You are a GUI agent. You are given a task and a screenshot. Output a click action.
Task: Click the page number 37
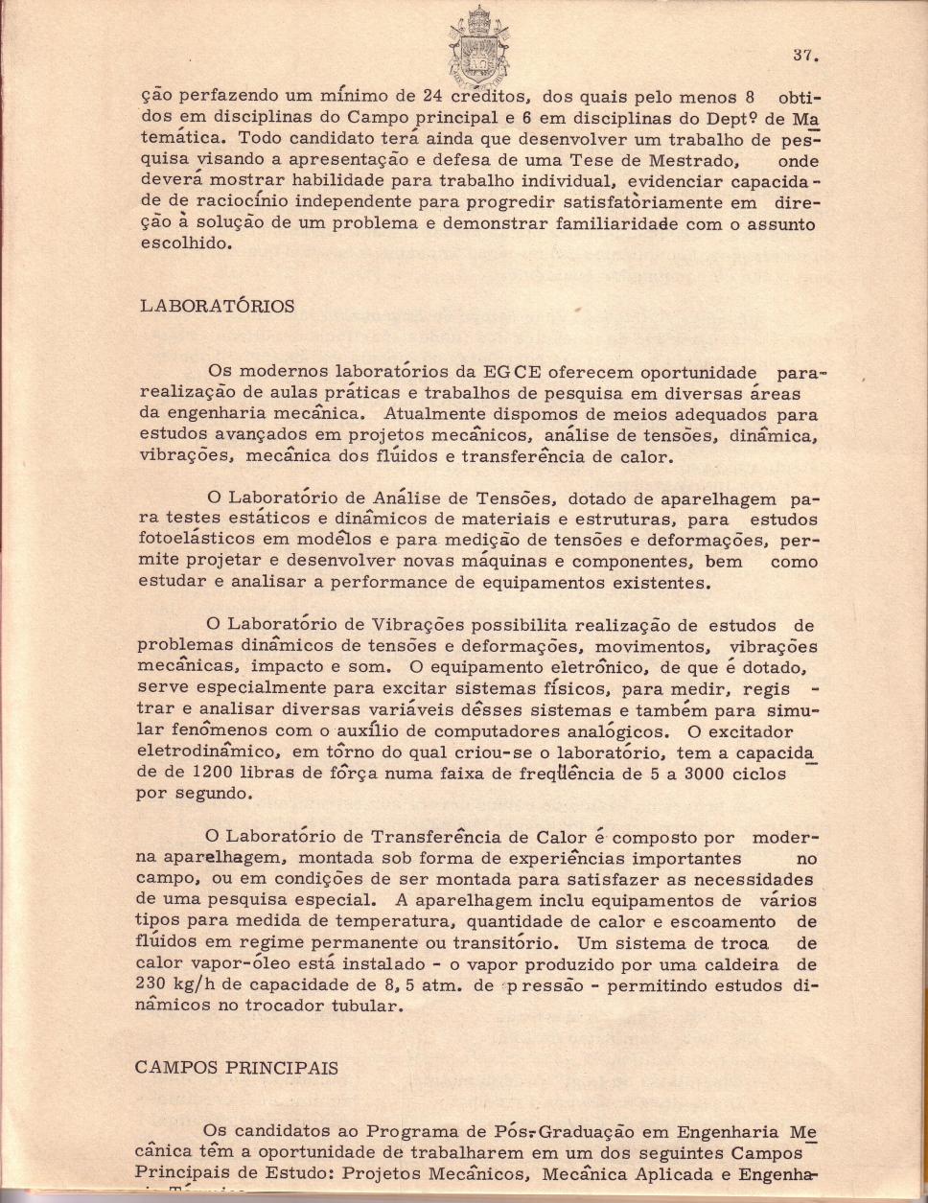[803, 55]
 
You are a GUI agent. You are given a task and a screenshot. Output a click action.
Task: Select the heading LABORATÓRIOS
[218, 307]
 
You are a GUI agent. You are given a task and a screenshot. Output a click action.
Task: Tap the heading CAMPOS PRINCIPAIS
[237, 1068]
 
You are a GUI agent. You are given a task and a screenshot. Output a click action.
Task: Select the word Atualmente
[431, 414]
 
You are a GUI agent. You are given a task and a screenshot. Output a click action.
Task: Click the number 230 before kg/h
[157, 985]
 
